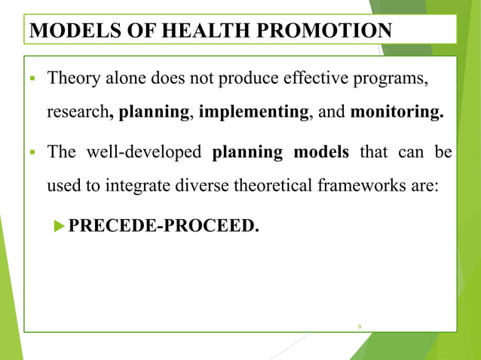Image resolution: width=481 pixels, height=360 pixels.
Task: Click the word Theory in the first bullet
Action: pos(72,78)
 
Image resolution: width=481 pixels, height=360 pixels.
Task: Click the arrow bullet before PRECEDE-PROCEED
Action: pos(61,226)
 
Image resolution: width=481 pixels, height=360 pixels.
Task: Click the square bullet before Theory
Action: pos(35,79)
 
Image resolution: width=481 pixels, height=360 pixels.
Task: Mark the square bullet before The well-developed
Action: pos(35,152)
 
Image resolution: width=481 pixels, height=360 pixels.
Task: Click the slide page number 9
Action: pos(360,325)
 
